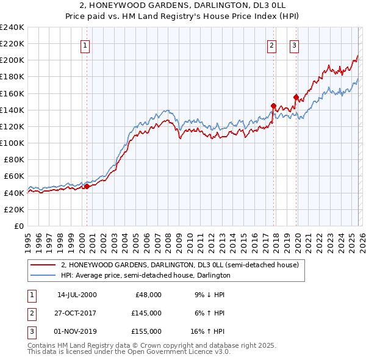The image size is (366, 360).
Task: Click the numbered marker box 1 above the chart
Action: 86,45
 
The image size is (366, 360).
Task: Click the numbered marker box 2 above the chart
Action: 271,45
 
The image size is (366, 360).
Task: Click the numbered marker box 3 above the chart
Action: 294,45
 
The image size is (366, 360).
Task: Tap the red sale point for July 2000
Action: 87,186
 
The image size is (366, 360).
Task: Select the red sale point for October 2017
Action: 273,105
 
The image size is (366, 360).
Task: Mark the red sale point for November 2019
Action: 296,97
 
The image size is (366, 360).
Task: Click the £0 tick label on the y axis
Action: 20,226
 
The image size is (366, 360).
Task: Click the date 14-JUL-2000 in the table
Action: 77,295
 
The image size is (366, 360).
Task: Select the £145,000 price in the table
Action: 146,313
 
